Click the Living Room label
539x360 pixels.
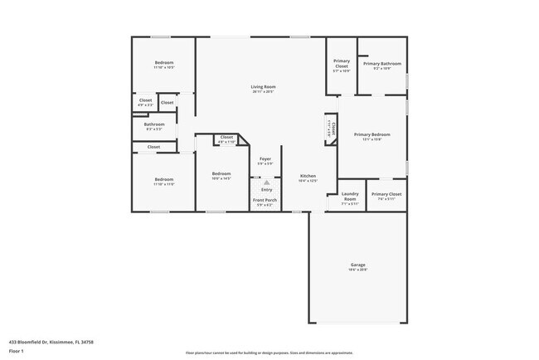point(263,87)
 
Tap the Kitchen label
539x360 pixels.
point(308,176)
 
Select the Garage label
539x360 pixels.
point(357,265)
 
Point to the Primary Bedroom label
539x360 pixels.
point(371,134)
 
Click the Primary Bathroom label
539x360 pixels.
point(381,64)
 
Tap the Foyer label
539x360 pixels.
point(265,158)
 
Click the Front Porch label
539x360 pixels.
point(265,200)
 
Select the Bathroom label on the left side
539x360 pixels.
point(154,124)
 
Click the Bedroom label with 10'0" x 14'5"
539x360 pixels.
point(221,173)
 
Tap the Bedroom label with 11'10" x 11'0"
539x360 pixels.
point(163,179)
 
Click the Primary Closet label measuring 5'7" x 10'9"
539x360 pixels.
point(342,64)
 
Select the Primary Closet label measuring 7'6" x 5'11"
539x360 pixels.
point(386,195)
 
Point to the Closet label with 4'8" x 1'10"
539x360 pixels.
point(226,138)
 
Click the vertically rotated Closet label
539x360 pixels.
point(331,130)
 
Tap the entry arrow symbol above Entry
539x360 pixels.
point(265,182)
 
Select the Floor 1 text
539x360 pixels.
point(17,351)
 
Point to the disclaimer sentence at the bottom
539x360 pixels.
point(269,353)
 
